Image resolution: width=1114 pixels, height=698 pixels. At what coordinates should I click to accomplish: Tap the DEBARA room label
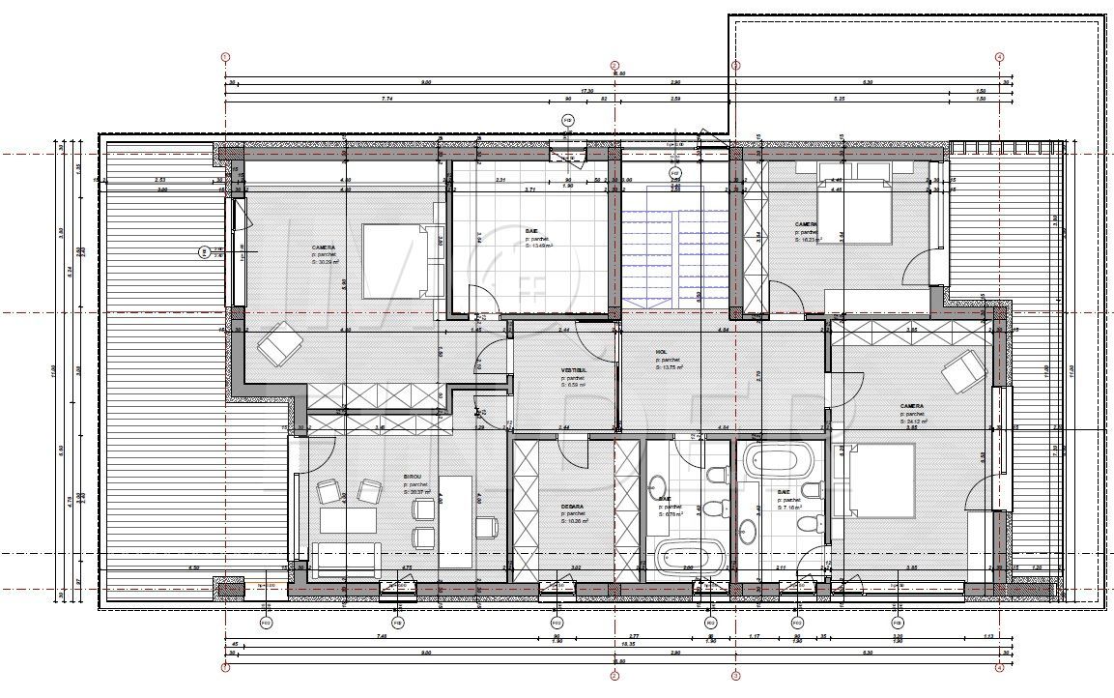click(572, 505)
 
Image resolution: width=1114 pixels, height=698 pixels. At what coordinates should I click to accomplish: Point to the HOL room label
click(662, 353)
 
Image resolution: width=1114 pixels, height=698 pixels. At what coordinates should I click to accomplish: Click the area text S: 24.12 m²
click(913, 422)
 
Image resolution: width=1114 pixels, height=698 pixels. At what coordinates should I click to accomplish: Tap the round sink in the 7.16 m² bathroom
click(747, 529)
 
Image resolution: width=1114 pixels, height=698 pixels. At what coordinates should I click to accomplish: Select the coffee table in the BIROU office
click(347, 521)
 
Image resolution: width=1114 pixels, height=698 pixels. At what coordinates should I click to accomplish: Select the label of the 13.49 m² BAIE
click(531, 232)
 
